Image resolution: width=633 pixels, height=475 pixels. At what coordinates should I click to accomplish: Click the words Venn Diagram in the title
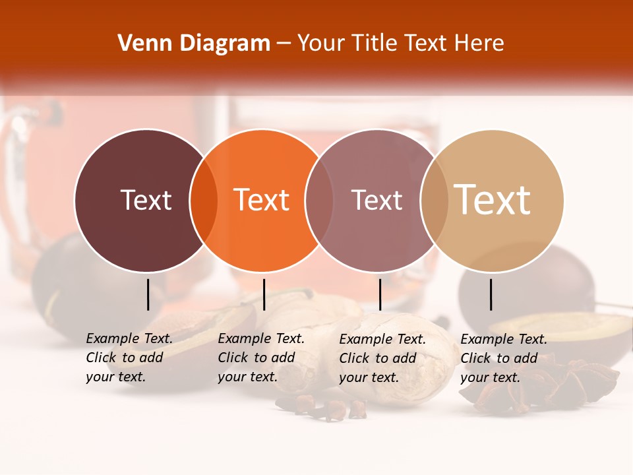(x=194, y=44)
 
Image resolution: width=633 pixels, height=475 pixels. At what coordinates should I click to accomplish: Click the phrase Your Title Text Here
(x=400, y=44)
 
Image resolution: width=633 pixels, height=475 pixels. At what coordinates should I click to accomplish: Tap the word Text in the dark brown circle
(x=146, y=200)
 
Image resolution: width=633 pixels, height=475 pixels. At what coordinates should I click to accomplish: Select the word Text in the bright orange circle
(x=262, y=200)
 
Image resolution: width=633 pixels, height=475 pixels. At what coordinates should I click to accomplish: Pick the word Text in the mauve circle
(x=377, y=200)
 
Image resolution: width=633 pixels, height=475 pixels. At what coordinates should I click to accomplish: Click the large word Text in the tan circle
(x=493, y=200)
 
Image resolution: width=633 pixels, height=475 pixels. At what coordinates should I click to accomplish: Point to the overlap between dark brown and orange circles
(x=204, y=201)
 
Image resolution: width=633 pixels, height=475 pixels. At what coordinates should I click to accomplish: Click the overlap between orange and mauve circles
(x=319, y=201)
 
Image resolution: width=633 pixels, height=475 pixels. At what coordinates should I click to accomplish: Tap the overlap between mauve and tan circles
(x=435, y=201)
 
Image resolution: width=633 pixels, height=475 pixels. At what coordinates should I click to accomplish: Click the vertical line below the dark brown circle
(x=148, y=294)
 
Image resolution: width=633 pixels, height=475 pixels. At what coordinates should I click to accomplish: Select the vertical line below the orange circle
(x=264, y=294)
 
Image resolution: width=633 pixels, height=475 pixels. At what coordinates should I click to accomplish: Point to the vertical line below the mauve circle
(x=380, y=294)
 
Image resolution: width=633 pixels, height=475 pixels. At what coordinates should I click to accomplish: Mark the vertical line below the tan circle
(x=491, y=294)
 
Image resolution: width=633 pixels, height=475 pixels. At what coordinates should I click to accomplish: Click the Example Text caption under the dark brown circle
(x=129, y=358)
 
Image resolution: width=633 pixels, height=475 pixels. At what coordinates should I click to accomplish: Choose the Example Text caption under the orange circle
(x=261, y=358)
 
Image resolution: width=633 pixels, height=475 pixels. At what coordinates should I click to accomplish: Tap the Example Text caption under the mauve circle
(x=382, y=358)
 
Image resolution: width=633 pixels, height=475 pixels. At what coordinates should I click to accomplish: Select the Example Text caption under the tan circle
(x=504, y=358)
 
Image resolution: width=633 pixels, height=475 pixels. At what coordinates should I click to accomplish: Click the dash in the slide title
(x=284, y=44)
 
